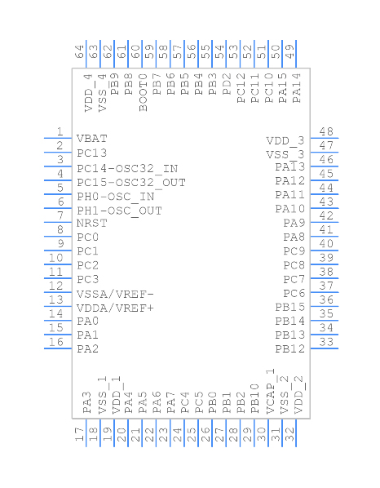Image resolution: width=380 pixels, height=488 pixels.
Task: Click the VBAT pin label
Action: point(91,139)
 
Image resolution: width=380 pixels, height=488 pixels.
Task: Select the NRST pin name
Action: point(91,223)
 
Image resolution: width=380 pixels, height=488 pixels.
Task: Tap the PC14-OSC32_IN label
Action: point(127,169)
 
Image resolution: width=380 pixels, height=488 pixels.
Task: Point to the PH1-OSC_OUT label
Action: point(119,211)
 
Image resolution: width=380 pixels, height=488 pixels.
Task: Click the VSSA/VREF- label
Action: point(115,294)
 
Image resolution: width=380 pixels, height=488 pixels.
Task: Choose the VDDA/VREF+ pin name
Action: point(115,308)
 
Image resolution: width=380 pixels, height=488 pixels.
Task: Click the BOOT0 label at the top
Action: point(143,92)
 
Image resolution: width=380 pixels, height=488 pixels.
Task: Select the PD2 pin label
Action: point(227,84)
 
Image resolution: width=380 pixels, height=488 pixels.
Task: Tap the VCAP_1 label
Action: point(270,391)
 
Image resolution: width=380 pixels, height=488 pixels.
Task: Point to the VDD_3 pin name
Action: point(285,141)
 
